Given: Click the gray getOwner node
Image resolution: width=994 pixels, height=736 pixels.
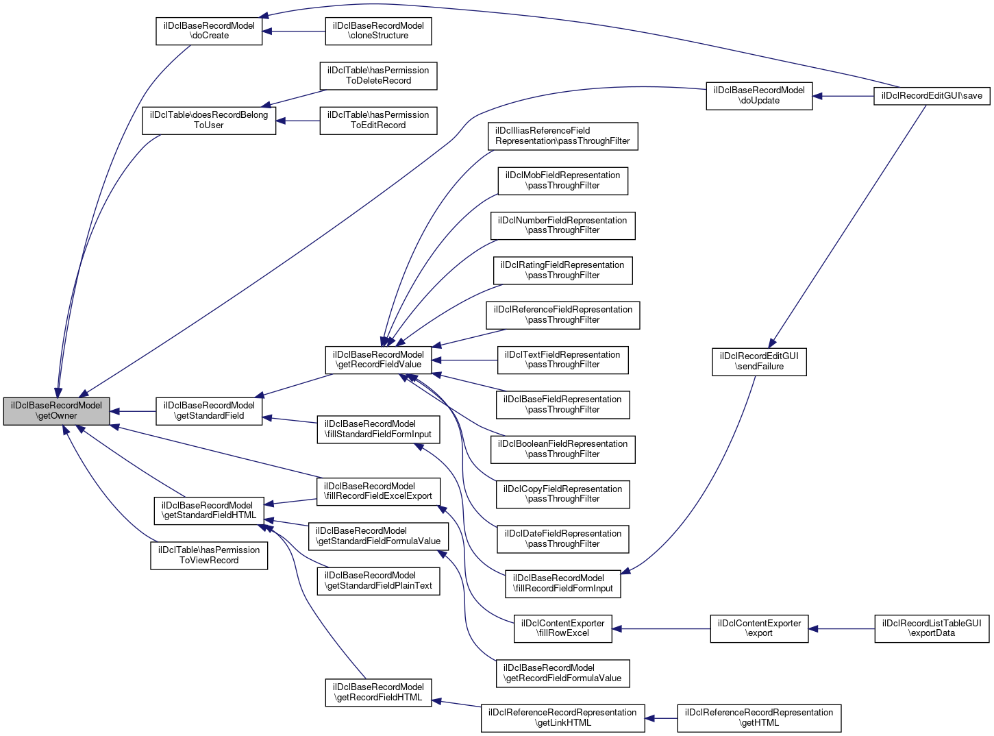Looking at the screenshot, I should point(56,411).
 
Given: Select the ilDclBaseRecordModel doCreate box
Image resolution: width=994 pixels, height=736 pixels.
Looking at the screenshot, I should point(209,31).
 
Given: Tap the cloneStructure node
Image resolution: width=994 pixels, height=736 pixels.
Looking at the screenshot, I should point(378,31).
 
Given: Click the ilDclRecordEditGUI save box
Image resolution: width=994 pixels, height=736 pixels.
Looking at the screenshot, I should point(932,96).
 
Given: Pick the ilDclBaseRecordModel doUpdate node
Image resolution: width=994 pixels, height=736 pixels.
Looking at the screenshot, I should point(759,96).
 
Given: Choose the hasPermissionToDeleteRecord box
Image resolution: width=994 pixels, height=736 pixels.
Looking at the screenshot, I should point(378,75).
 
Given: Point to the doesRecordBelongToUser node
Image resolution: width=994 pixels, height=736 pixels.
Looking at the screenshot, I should point(209,120).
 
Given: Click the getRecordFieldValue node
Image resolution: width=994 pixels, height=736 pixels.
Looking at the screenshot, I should point(378,360).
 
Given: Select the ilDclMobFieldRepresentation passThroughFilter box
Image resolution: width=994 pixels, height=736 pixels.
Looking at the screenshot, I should point(562,180).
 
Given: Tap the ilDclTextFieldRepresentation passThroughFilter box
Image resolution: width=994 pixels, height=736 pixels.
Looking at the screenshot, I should point(562,360).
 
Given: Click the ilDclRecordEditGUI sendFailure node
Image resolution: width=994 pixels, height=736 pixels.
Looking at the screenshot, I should point(759,361).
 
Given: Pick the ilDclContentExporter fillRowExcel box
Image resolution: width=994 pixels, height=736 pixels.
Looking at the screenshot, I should point(562,628).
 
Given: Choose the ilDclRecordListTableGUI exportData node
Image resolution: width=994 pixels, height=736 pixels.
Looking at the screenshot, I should point(932,628).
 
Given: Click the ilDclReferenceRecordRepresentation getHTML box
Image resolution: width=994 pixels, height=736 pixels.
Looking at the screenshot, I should point(759,717).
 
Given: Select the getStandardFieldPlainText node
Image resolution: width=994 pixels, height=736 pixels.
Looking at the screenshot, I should point(378,580).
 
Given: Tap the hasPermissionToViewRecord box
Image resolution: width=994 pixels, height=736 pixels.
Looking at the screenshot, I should point(209,555).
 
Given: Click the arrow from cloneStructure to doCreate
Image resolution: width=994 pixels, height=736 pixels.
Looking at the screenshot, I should point(294,31).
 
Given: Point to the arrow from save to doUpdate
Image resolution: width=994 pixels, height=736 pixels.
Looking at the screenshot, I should point(843,96).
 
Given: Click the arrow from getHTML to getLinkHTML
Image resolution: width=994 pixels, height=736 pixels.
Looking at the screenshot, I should point(661,717).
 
